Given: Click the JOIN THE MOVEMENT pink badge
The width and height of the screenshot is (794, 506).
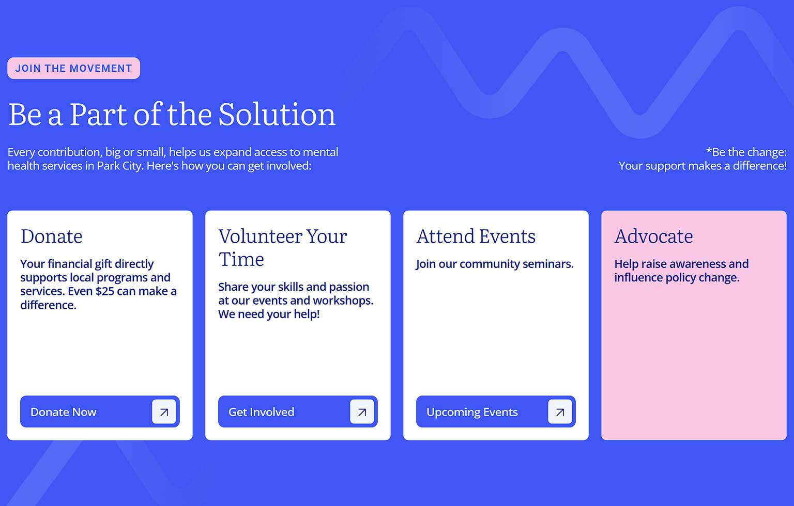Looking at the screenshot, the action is point(74,68).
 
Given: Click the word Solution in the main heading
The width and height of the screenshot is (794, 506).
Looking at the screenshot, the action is point(277,115).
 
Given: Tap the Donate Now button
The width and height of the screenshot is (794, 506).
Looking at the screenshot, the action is point(100,412).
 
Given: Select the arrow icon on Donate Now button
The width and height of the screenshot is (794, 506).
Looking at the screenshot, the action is point(164,412).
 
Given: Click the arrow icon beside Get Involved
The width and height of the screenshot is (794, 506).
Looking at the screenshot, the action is point(362,412).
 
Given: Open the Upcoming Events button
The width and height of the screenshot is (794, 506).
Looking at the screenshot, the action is point(496,412).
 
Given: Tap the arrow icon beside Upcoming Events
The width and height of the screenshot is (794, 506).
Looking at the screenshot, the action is point(560,412).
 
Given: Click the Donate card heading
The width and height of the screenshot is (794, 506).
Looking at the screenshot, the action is point(51,236).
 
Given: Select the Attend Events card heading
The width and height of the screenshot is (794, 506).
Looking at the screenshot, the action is point(476,236).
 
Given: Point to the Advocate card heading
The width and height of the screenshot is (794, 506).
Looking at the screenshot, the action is point(653,236).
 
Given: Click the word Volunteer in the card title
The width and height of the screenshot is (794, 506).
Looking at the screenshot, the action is point(260,236).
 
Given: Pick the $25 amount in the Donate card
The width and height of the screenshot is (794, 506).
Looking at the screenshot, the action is point(105,291).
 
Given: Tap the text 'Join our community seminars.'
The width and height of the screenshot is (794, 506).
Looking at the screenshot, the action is point(495,264).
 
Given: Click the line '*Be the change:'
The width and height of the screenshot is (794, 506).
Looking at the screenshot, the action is point(746,152).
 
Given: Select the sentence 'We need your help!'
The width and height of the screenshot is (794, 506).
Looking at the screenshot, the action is point(269,314).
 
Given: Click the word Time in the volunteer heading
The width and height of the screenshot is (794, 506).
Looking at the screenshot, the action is point(241,259).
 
